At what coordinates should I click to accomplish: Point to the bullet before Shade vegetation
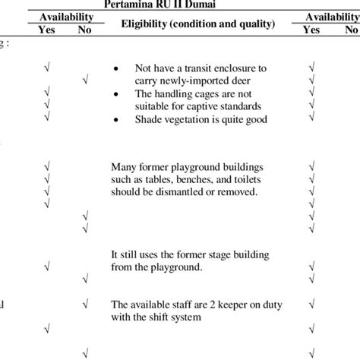[115, 120]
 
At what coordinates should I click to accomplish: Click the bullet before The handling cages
[115, 93]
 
